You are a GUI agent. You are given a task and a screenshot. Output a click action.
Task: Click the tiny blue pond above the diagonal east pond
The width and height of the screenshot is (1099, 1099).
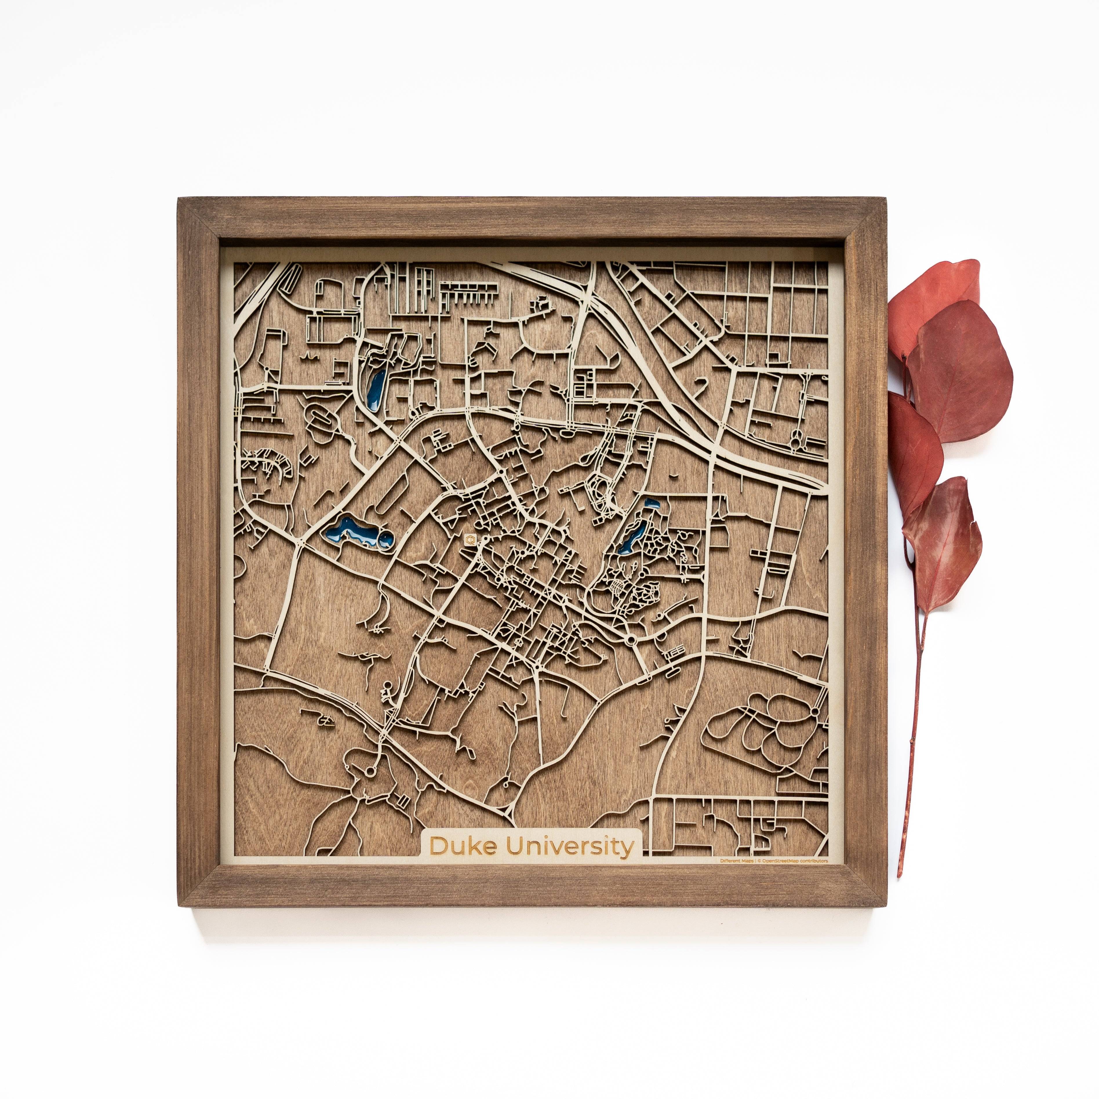[x=650, y=503]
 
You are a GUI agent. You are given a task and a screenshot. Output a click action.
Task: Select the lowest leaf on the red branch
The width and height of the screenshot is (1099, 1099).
[x=944, y=546]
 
